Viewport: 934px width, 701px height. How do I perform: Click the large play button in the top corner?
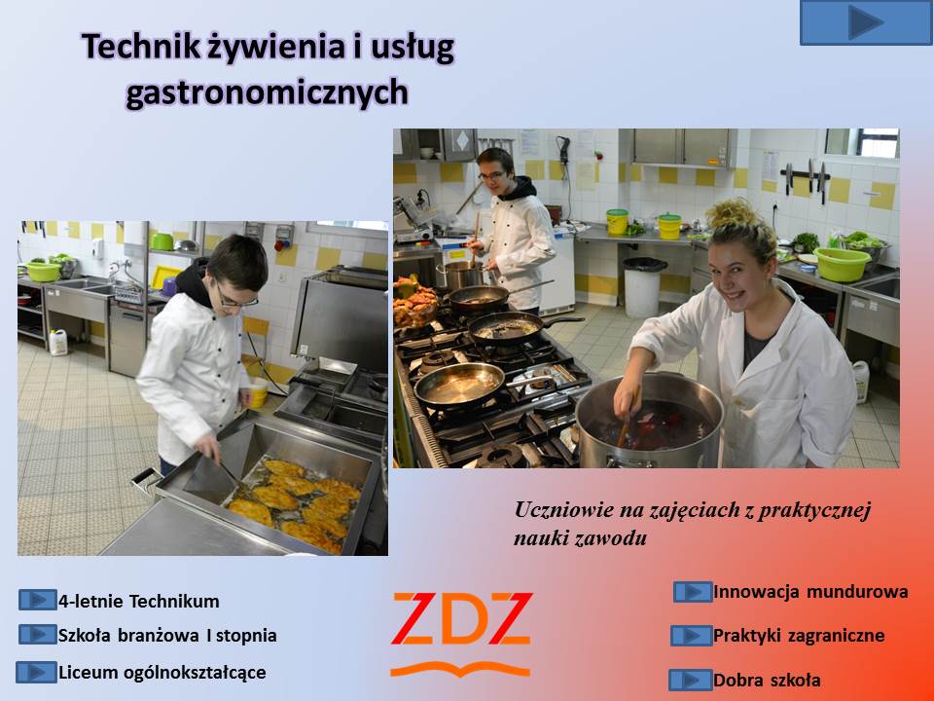(866, 22)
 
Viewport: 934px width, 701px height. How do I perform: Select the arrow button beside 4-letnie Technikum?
(38, 600)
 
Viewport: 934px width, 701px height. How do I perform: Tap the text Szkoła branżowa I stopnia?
(167, 636)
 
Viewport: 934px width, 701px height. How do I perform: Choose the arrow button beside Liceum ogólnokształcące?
(36, 673)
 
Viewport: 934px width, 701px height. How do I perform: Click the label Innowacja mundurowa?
(810, 592)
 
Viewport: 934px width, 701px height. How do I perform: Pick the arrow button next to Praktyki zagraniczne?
(691, 636)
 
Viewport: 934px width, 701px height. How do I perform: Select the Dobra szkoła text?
(767, 681)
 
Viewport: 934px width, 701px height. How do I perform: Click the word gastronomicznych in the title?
(268, 93)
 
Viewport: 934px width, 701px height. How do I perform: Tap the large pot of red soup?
(650, 422)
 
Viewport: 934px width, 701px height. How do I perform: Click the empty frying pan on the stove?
(460, 385)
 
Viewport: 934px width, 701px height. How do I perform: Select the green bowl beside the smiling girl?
(843, 264)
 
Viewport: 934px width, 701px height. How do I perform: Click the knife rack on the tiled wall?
(806, 177)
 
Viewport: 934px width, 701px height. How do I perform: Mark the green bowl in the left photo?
(44, 272)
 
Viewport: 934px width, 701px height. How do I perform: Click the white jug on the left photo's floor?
(58, 343)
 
